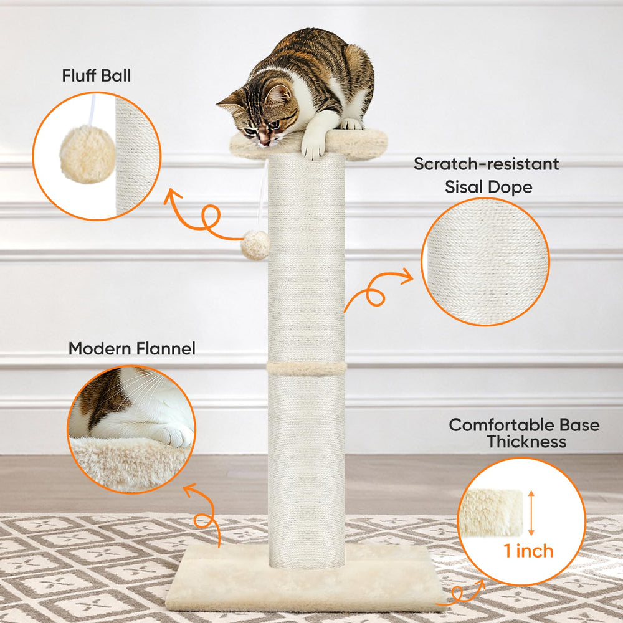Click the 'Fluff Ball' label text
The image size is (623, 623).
[x=96, y=75]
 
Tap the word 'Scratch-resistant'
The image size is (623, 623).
[x=487, y=164]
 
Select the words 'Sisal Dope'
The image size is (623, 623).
[x=488, y=187]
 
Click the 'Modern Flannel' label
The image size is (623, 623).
[x=132, y=348]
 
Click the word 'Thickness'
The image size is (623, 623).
[x=527, y=442]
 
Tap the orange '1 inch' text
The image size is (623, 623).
[x=528, y=551]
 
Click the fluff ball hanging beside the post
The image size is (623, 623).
[x=255, y=245]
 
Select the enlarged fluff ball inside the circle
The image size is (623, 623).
[x=87, y=154]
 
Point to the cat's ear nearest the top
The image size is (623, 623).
[x=278, y=94]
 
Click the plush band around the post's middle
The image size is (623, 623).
[x=307, y=368]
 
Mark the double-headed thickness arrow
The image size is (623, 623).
[x=531, y=513]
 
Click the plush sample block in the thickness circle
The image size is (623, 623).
[x=491, y=513]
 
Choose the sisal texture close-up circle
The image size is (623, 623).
[x=485, y=262]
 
